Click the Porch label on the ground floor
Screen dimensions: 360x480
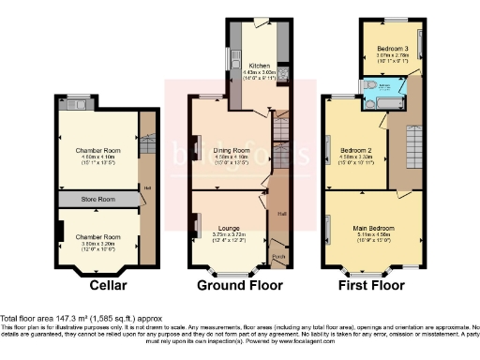[x=277, y=255]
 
